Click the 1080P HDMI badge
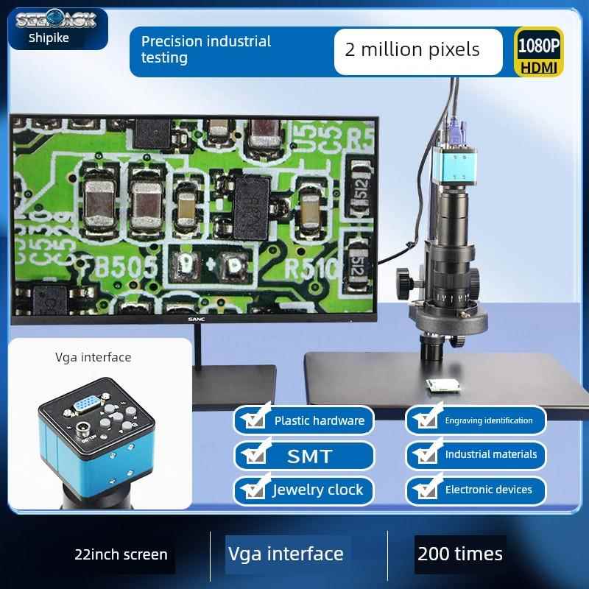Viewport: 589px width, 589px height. (x=539, y=52)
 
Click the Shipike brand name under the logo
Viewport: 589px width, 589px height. (x=49, y=38)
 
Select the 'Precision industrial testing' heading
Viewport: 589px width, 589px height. (x=206, y=49)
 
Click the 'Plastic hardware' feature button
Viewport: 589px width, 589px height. (x=304, y=420)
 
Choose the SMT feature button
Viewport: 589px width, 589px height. (x=304, y=456)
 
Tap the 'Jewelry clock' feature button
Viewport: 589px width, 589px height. (x=304, y=490)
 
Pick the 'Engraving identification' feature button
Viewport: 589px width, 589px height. (x=476, y=420)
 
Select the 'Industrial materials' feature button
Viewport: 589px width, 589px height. (x=476, y=455)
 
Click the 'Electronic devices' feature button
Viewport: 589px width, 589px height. (x=476, y=490)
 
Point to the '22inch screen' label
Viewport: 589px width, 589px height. (x=121, y=554)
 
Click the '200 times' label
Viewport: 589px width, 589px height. (x=460, y=554)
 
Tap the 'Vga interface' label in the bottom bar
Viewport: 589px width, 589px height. (x=286, y=554)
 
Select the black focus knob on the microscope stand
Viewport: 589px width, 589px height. (x=403, y=281)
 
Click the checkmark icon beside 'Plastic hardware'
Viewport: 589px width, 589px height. (x=254, y=420)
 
